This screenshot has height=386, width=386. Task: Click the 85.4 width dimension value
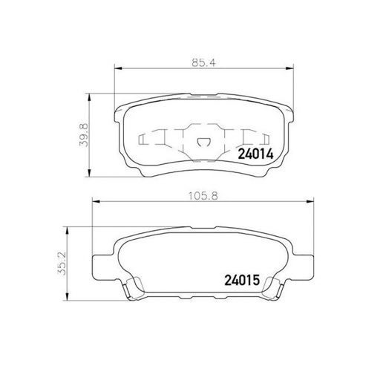coord(204,62)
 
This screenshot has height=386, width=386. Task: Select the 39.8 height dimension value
coord(85,136)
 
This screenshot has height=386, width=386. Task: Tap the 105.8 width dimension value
coord(203,196)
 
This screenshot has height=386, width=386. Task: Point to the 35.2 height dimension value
coord(62,264)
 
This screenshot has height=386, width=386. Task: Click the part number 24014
coord(255,154)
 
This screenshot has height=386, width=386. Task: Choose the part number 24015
coord(242,281)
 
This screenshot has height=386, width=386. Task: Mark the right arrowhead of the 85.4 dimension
coord(289,68)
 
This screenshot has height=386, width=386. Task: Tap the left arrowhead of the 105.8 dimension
coord(96,202)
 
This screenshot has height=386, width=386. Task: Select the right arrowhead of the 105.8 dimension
coord(310,202)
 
